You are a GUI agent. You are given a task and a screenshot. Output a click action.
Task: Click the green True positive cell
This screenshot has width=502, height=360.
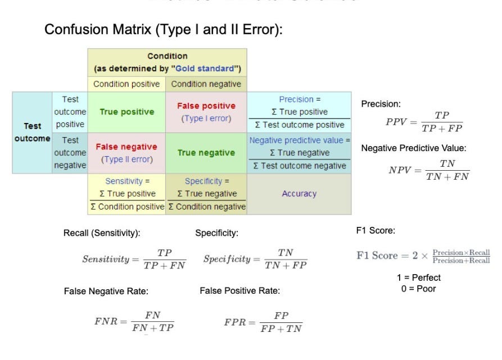tap(126, 112)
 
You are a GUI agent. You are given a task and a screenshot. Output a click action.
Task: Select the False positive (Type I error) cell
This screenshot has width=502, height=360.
tap(206, 112)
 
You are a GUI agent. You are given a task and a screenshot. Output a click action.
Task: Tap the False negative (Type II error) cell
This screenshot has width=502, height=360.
tap(126, 153)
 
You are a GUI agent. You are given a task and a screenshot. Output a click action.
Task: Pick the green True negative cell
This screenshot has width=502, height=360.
tap(206, 153)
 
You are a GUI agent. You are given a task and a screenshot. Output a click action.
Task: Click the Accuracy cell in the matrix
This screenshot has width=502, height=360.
tap(299, 194)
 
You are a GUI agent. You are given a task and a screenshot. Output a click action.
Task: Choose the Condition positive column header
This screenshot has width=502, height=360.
tap(126, 84)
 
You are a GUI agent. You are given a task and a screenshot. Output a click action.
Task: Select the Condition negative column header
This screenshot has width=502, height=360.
tap(206, 84)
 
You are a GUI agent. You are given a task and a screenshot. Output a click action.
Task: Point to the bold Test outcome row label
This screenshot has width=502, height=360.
tap(32, 132)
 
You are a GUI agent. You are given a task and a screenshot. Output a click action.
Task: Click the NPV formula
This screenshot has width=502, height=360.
tap(429, 170)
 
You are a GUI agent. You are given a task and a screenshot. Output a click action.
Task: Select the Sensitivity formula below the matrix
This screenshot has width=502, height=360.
tap(134, 259)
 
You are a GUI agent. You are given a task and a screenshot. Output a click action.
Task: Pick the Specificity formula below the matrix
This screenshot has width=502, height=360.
tap(255, 259)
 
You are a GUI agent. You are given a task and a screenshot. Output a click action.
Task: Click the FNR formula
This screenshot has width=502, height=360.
tap(134, 322)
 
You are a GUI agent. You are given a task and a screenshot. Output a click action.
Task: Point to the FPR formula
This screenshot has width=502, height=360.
tap(263, 322)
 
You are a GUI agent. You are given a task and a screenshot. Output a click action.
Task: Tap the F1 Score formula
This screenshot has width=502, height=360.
tap(423, 256)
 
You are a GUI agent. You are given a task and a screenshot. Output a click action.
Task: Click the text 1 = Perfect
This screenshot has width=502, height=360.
tap(419, 277)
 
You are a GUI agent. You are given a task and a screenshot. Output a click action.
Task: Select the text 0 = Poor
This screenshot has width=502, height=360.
tap(419, 289)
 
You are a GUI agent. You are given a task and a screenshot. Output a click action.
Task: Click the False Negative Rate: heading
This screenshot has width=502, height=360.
tap(106, 291)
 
